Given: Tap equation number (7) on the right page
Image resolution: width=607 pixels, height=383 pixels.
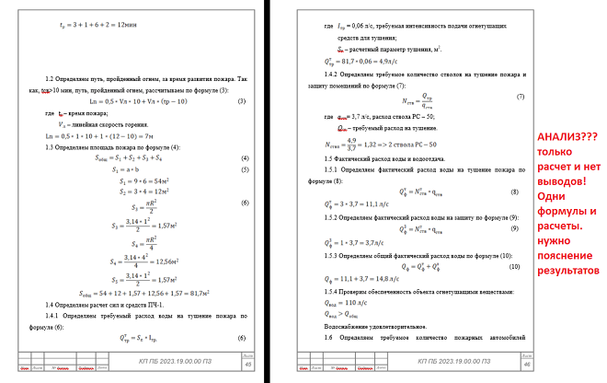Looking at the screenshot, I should pyautogui.click(x=520, y=97).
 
